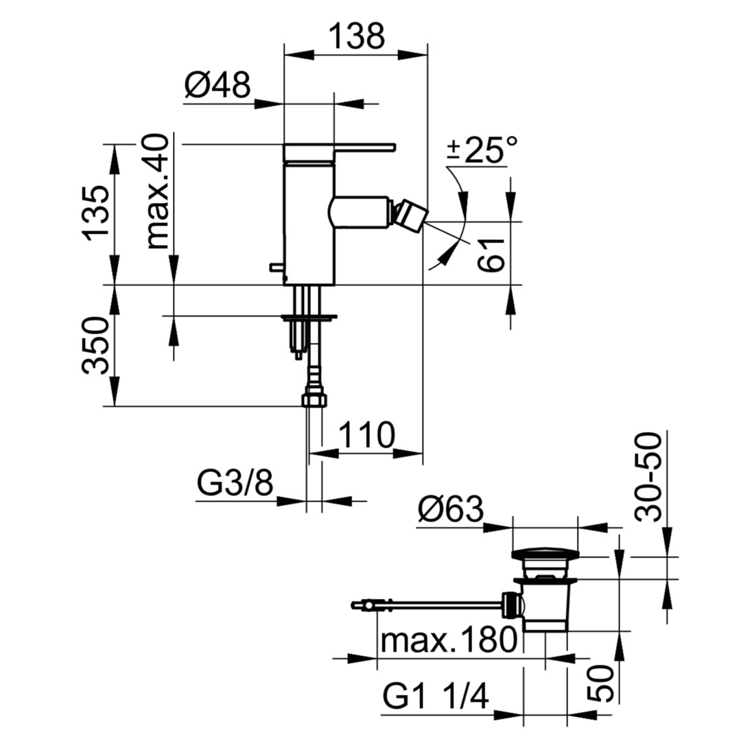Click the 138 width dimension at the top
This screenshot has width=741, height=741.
point(357,36)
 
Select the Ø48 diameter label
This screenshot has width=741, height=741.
point(217,85)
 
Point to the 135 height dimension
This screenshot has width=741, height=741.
point(97,213)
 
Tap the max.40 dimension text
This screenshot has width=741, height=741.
point(157,191)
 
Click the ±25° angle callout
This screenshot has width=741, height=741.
point(483,150)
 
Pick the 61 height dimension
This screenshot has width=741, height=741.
point(491,255)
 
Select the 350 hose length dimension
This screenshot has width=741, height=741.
point(96,345)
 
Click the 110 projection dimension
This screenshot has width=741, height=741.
point(366,435)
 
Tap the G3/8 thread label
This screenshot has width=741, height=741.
point(235,482)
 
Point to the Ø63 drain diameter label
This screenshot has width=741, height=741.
point(451,510)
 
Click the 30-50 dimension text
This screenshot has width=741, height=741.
point(649,478)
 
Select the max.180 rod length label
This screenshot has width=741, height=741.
point(449,640)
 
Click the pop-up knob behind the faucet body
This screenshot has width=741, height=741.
point(277,268)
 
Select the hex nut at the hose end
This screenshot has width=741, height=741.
point(314,398)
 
